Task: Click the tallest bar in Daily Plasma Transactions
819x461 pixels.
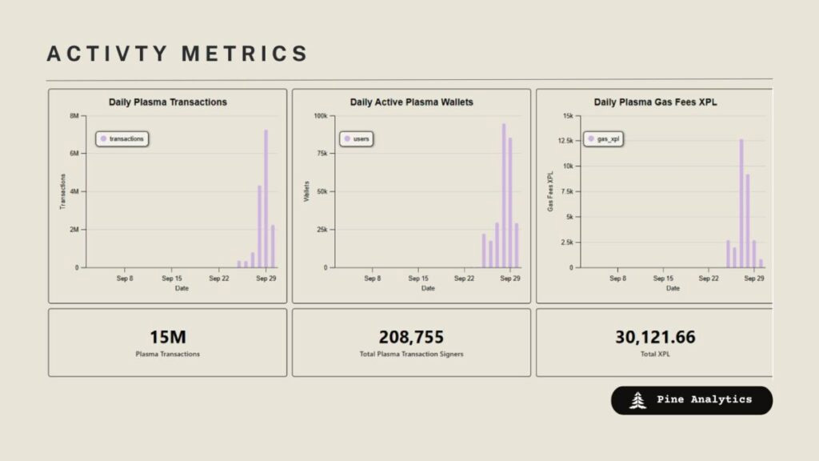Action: coord(266,198)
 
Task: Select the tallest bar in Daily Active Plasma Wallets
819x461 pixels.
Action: coord(504,195)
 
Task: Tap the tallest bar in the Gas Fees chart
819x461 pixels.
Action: coord(741,203)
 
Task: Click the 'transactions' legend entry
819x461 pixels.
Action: coord(122,138)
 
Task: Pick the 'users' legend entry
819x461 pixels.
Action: coord(357,138)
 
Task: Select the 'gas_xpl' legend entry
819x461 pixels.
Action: coord(603,138)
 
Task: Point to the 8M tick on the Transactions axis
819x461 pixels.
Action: coord(74,115)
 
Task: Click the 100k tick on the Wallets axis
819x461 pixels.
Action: coord(321,115)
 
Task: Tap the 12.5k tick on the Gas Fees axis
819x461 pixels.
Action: coord(565,141)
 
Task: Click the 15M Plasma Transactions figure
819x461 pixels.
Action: coord(168,337)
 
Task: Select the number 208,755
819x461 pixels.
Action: coord(411,337)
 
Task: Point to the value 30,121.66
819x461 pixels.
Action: coord(655,337)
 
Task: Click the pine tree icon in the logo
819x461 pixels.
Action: coord(637,400)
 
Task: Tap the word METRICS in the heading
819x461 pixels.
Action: coord(245,54)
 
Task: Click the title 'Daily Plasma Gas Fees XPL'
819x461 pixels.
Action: coord(655,102)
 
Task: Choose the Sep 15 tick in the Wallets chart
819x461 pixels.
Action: coord(418,278)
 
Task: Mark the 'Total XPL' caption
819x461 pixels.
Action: coord(655,354)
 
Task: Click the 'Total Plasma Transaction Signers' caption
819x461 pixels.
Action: coord(411,354)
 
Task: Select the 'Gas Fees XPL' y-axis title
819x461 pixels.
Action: coord(550,191)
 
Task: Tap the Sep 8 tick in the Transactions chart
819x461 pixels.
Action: coord(125,278)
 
